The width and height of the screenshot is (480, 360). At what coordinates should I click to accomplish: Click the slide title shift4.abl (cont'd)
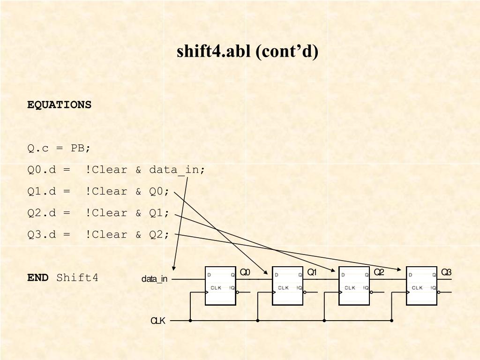click(x=247, y=51)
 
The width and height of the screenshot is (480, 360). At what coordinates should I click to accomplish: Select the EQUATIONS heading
click(x=59, y=105)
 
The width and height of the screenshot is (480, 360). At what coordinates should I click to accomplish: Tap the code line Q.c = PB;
click(x=59, y=148)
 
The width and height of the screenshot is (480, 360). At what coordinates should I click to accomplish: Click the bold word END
click(x=37, y=277)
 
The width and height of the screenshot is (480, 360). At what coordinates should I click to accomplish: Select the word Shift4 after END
click(x=77, y=277)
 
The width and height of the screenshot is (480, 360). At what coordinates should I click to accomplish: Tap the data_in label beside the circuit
click(x=154, y=279)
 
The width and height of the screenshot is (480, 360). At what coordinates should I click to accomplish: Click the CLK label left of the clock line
click(x=157, y=321)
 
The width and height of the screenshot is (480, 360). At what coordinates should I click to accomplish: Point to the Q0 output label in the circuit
click(x=245, y=272)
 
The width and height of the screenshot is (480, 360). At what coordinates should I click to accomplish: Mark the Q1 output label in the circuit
click(x=312, y=272)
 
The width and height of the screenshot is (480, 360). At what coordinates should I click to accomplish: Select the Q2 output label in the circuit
click(x=379, y=272)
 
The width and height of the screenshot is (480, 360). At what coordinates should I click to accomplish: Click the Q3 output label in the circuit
click(x=446, y=272)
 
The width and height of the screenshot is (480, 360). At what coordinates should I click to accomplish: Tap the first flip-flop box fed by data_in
click(x=220, y=286)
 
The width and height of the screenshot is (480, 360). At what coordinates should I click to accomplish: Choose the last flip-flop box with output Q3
click(x=421, y=286)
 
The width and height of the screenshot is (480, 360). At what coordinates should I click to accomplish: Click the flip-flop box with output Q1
click(x=287, y=286)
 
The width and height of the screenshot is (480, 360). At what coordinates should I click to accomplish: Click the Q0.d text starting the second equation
click(x=41, y=170)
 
